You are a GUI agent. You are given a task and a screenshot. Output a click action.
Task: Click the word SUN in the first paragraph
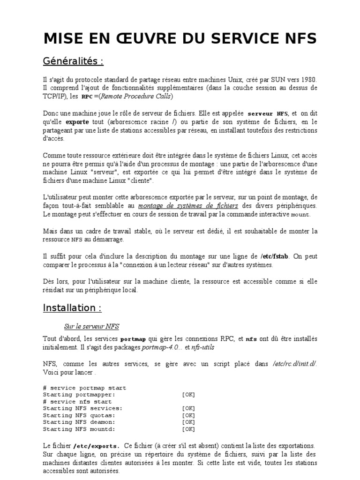[272, 80]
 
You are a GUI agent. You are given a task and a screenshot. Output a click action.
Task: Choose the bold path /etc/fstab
[275, 256]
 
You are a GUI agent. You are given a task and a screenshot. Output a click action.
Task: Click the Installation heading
[72, 308]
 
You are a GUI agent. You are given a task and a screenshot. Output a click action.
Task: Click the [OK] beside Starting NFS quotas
[188, 415]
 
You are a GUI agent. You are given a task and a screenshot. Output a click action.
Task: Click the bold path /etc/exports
[96, 445]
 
